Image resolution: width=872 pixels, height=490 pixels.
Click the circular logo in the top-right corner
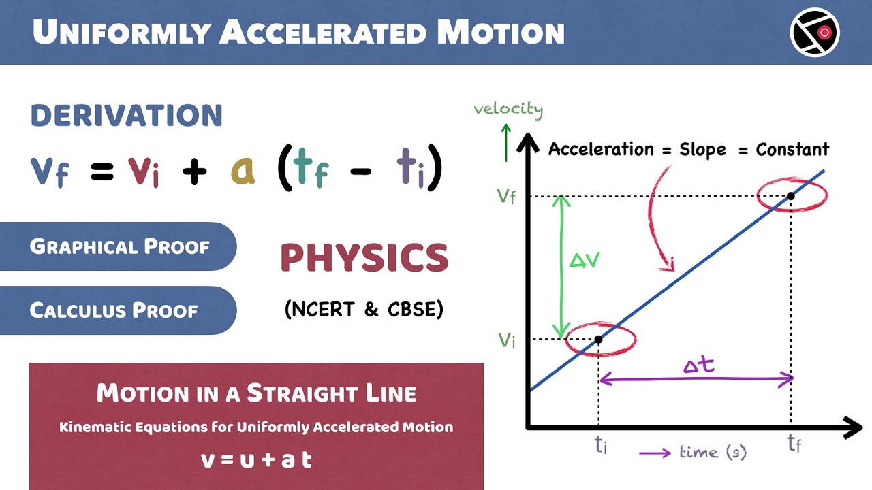point(815,32)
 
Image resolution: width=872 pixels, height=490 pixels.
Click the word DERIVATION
point(127,116)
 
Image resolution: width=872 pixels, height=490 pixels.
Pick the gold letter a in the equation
point(243,171)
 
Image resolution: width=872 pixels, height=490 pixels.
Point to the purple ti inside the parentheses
point(410,170)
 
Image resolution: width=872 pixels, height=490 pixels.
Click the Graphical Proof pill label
point(119,246)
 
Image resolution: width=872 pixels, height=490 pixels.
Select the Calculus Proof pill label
point(114,311)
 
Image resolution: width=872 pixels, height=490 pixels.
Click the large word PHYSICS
point(364,259)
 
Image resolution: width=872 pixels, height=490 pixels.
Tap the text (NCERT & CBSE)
point(364,310)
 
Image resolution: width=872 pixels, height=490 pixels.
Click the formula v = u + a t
point(256,459)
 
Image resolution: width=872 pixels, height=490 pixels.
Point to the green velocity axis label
point(508,110)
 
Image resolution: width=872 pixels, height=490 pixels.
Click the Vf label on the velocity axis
point(506,197)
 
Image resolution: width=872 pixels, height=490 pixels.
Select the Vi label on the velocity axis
point(506,340)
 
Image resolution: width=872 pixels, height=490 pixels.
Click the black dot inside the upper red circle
point(791,197)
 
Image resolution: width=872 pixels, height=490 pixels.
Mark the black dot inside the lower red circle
point(598,339)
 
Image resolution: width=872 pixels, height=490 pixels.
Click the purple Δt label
point(698,365)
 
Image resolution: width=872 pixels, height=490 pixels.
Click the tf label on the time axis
point(794,444)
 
